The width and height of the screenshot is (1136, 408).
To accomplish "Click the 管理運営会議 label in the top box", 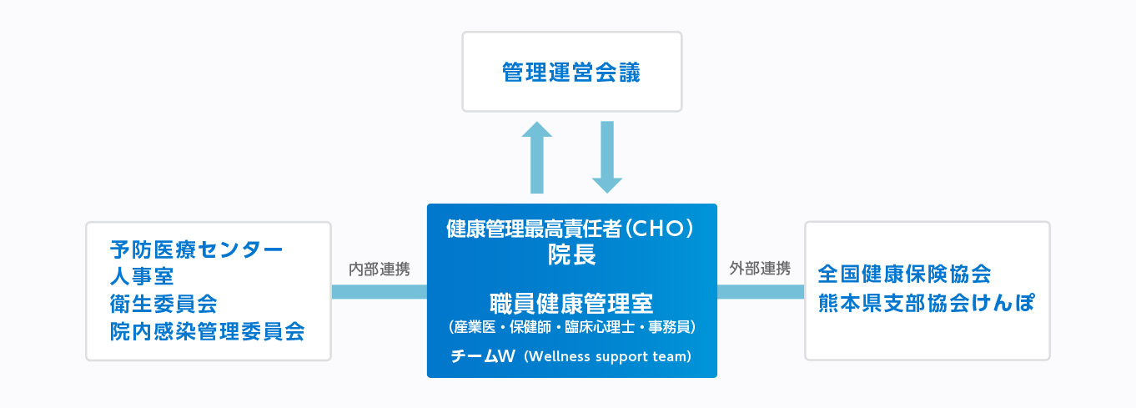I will pos(571,73).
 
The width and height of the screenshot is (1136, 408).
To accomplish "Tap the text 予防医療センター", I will pos(197,249).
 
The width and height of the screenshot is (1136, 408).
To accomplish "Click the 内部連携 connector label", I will pos(380,269).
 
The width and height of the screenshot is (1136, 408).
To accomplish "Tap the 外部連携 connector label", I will pos(760,269).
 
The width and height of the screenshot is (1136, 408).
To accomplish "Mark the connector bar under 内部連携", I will pos(380,291).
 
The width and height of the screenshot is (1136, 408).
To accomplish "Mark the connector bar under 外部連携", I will pos(760,291).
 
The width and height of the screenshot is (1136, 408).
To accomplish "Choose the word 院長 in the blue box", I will pos(571,254).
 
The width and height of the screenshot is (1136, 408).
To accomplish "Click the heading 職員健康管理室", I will pos(571,302).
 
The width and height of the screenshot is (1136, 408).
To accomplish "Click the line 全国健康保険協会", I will pos(904,274).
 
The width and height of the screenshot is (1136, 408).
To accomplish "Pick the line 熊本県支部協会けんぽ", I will pos(926,302).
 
